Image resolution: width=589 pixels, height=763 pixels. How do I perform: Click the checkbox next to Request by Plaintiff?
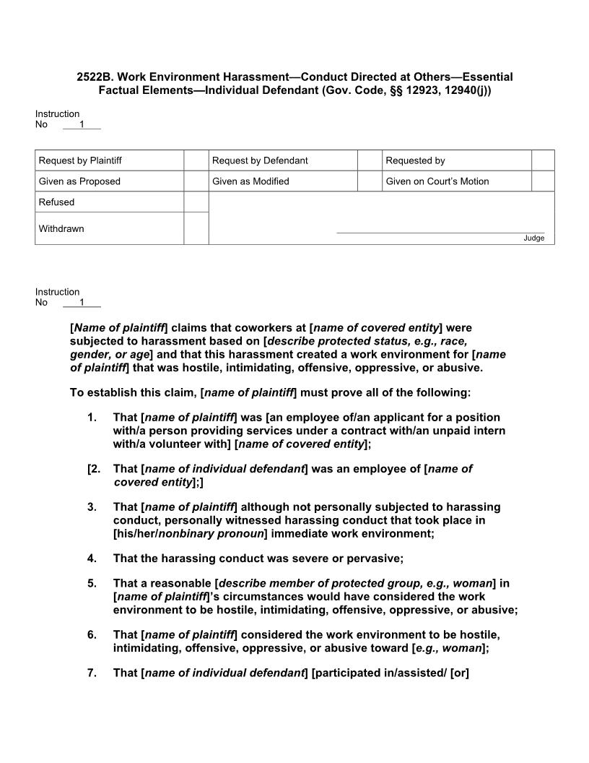coord(196,160)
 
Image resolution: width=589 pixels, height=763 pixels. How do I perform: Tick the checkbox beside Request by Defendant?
coord(370,160)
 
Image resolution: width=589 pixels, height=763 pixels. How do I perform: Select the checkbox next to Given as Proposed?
coord(196,181)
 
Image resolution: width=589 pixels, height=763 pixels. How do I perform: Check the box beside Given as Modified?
coord(370,181)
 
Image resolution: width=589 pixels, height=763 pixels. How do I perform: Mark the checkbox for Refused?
coord(196,202)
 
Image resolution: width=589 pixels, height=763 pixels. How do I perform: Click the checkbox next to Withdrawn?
coord(196,228)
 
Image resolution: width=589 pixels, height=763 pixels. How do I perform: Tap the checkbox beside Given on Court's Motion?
coord(543,181)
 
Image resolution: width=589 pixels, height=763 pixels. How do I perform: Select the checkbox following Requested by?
coord(543,160)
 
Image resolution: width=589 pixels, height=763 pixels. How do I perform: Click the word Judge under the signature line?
coord(534,238)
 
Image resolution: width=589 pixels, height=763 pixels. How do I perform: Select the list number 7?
coord(92,673)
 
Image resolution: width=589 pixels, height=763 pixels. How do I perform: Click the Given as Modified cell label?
coord(250,181)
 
